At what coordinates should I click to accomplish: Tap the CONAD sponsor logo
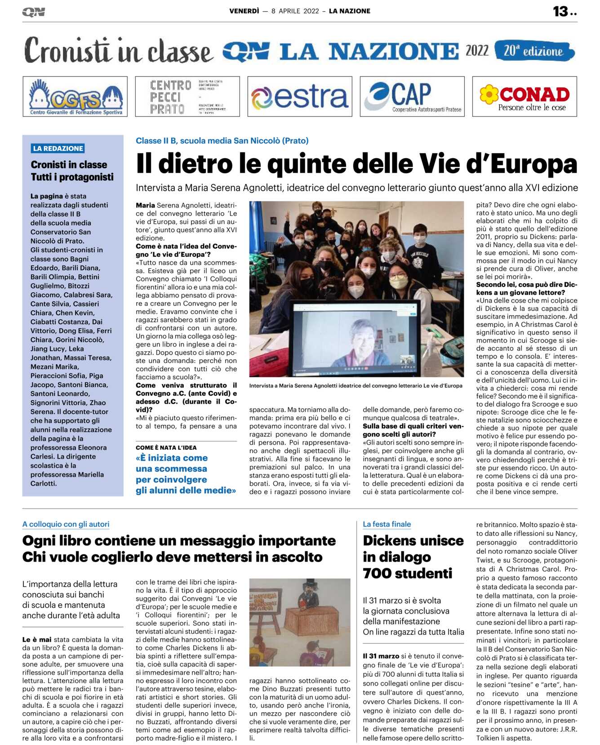point(524,97)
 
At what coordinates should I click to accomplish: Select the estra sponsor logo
point(299,97)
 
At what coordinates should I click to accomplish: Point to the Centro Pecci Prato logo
point(187,97)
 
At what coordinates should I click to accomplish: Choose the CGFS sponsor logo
point(75,97)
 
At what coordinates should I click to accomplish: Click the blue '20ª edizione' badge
point(534,51)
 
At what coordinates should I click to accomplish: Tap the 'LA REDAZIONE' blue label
point(58,148)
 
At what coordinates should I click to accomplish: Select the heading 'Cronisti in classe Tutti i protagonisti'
point(72,171)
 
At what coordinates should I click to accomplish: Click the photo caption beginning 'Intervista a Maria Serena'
point(356,385)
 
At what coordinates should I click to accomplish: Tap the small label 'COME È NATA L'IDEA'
point(166,447)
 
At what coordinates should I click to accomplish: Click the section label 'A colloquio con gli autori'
point(66,524)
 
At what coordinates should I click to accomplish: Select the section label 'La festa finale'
point(387,524)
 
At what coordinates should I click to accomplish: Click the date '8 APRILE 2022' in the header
point(295,11)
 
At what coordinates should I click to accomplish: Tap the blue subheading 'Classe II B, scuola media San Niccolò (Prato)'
point(222,141)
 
